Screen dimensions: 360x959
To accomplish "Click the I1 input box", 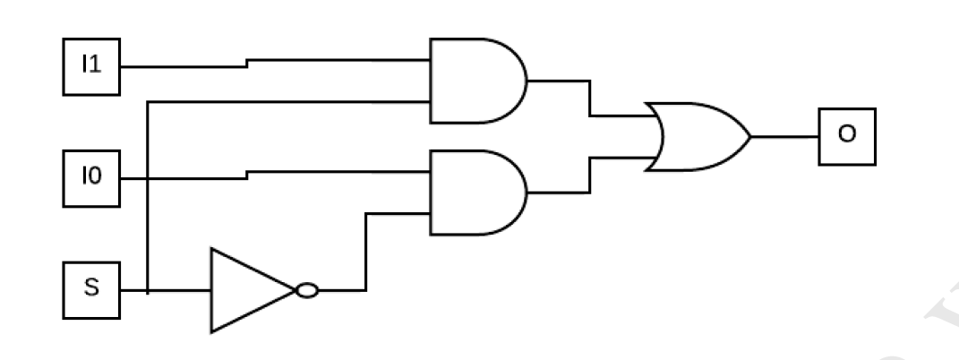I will [x=90, y=66].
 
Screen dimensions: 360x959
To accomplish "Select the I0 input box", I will [x=90, y=178].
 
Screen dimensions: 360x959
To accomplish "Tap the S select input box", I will [x=90, y=290].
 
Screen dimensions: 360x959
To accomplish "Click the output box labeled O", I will [x=846, y=137].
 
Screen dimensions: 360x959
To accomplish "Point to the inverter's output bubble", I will [x=306, y=290].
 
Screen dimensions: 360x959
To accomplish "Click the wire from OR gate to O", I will [x=783, y=137].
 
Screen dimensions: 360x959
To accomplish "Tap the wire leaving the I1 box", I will [x=179, y=66].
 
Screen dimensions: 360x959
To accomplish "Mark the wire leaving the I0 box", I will [x=179, y=178].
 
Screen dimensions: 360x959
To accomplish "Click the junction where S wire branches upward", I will [x=148, y=290].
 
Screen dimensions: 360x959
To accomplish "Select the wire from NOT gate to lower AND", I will [x=365, y=251].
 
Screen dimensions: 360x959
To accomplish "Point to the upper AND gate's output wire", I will [x=588, y=99].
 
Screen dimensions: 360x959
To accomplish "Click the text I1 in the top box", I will [x=90, y=66].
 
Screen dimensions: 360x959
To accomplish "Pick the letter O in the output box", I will [x=846, y=134].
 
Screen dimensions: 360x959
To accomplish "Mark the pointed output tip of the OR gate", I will [x=749, y=137].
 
